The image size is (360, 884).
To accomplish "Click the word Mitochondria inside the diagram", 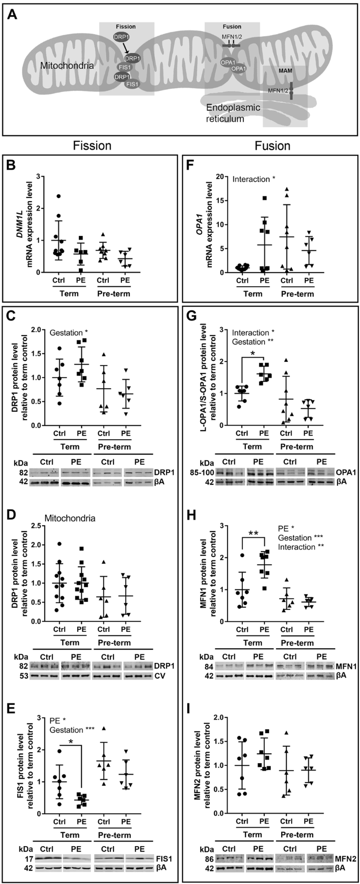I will pos(62,66).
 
